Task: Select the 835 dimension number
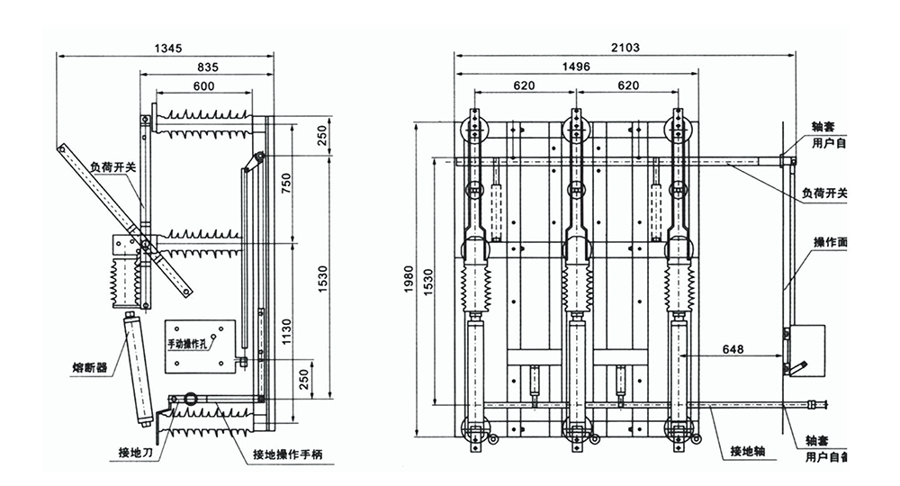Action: pos(209,66)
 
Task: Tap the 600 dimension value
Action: pos(203,85)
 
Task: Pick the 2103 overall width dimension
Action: pos(625,46)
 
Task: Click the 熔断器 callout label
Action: pos(90,368)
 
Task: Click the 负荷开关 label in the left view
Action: pos(112,166)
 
